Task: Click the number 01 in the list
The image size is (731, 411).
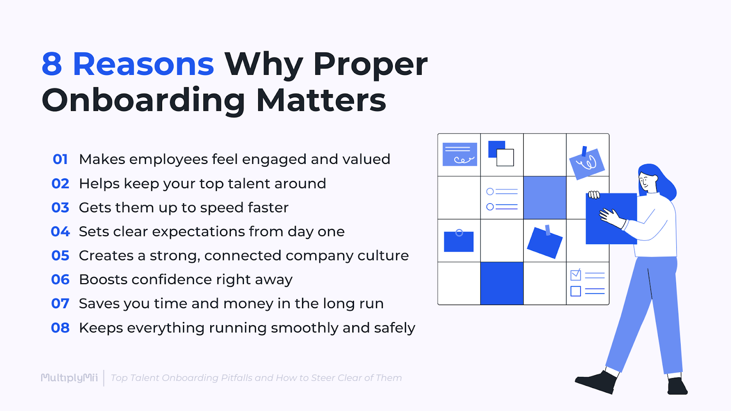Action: pos(60,159)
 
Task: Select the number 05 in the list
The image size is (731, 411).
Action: pos(60,256)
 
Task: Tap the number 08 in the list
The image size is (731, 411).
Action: pos(60,328)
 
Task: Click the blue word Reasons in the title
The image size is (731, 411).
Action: pos(143,64)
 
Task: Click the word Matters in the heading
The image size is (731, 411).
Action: pos(321,100)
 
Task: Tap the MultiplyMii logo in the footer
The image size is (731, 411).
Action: pos(69,378)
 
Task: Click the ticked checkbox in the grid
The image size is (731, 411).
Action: pos(576,275)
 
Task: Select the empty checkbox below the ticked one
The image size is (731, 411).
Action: pos(576,291)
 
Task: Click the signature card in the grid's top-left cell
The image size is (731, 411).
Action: pos(460,154)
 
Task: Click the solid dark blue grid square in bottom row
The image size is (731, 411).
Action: pos(502,283)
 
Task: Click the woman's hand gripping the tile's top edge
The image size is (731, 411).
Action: pos(594,195)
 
